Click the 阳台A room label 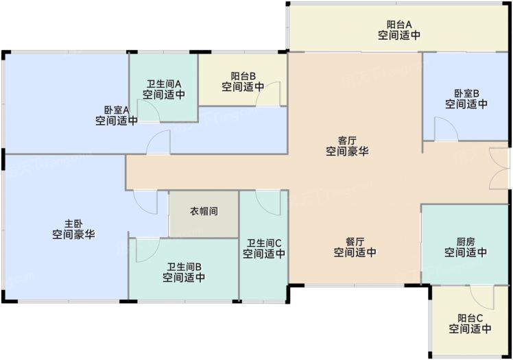coord(399,25)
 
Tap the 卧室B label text coord(466,93)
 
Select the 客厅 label coord(347,141)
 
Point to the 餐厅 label coord(355,242)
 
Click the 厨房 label coord(466,242)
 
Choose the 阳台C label coord(470,318)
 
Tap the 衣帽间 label coord(204,211)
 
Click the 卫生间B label coord(184,267)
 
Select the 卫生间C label coord(263,243)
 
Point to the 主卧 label coord(73,224)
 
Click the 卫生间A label coord(164,84)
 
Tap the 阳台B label coord(243,76)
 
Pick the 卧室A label coord(117,110)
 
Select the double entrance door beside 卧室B coord(499,169)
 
